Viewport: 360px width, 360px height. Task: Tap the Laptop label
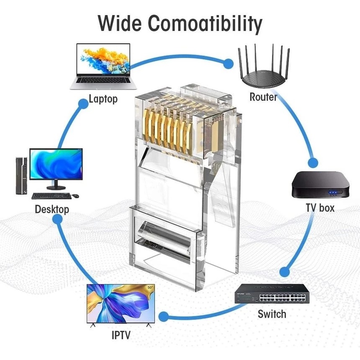click(103, 99)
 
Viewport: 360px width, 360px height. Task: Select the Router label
click(263, 97)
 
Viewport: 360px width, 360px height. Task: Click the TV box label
click(320, 207)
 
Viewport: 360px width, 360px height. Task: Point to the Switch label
click(272, 314)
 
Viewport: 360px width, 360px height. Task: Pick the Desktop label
click(52, 209)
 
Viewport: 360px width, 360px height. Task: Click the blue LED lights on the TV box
click(333, 193)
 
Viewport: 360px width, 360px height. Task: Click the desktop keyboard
click(51, 195)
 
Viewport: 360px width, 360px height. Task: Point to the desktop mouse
click(75, 195)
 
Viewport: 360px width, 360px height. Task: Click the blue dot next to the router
click(228, 64)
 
